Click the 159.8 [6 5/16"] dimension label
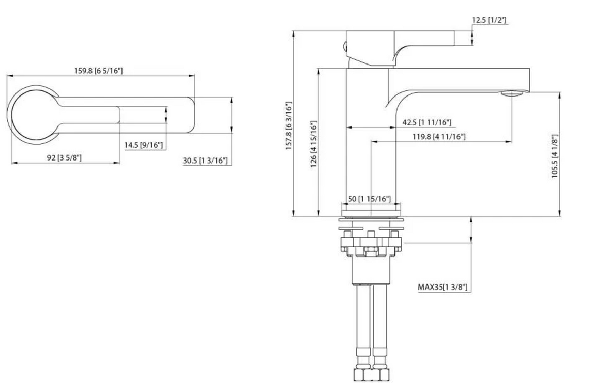click(99, 71)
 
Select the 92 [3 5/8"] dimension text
click(64, 158)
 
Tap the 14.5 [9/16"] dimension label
click(143, 145)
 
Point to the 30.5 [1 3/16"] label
click(205, 161)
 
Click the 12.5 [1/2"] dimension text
click(489, 20)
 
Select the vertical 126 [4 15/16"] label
click(314, 144)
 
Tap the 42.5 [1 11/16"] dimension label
click(426, 123)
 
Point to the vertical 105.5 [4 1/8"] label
click(555, 155)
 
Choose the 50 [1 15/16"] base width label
click(370, 199)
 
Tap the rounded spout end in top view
click(188, 115)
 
